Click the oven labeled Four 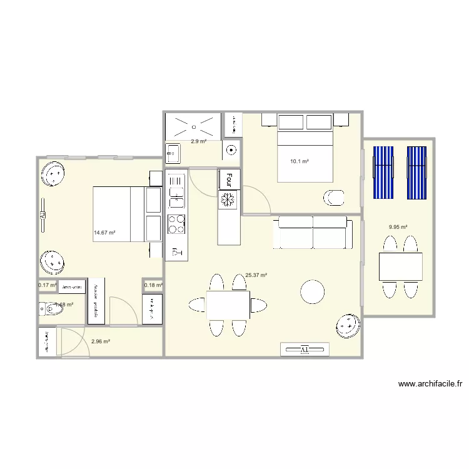(x=229, y=179)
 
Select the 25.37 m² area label (x=256, y=275)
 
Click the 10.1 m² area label (x=300, y=161)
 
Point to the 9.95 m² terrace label (x=398, y=227)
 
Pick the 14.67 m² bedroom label (x=104, y=233)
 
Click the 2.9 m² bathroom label (x=198, y=141)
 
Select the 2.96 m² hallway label (x=101, y=341)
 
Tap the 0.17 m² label (x=47, y=286)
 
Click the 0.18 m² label (x=153, y=286)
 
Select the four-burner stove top (x=176, y=223)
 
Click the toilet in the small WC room (x=46, y=307)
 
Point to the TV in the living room (x=305, y=349)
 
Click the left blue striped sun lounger (x=383, y=173)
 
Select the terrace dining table (x=400, y=266)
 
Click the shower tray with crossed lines (x=193, y=126)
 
